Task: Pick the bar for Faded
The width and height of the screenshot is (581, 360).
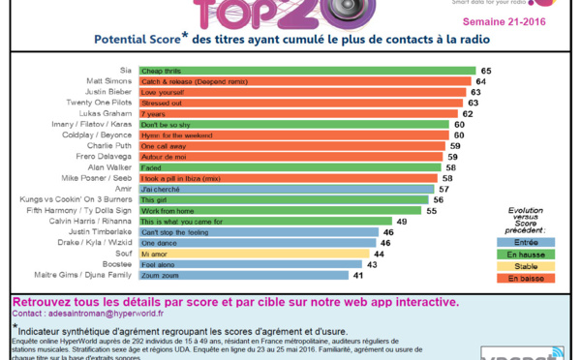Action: [290, 167]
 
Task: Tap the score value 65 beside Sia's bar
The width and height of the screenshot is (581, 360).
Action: [486, 71]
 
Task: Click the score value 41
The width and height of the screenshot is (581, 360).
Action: [357, 276]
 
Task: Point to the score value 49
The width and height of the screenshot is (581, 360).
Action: [401, 222]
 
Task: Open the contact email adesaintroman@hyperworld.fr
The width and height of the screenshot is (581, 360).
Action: [107, 315]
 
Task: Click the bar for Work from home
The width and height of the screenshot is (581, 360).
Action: [282, 211]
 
